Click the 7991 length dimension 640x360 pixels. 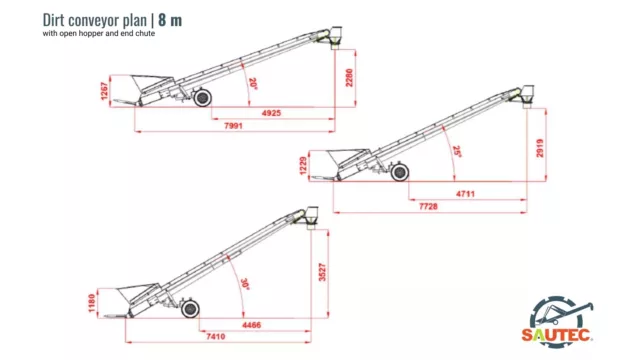(233, 126)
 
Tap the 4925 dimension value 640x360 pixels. (271, 113)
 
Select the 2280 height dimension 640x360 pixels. (349, 78)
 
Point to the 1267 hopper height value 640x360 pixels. (104, 91)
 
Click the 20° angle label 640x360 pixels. (253, 83)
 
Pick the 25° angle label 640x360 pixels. (457, 151)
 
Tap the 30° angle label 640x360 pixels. (245, 284)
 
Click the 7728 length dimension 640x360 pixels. (428, 207)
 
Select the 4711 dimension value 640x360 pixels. (465, 194)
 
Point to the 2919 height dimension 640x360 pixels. (540, 148)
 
